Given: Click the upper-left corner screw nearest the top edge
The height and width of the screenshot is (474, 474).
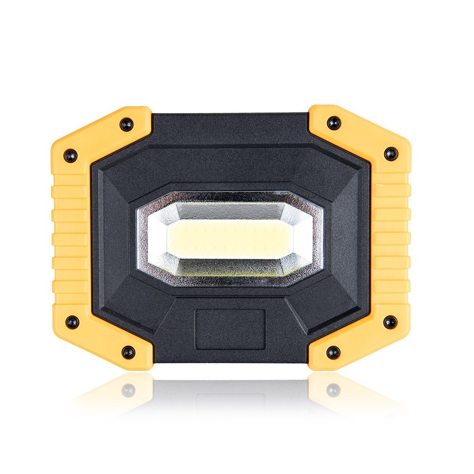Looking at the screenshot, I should [x=127, y=124].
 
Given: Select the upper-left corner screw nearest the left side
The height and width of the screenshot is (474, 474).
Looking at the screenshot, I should [x=71, y=155].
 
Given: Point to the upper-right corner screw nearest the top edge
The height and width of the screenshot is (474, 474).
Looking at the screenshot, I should [x=334, y=123].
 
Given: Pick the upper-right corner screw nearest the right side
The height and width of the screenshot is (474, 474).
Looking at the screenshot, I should [x=391, y=154].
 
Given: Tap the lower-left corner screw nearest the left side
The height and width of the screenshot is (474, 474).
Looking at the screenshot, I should [x=72, y=322].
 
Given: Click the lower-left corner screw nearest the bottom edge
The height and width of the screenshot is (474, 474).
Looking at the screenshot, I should [x=128, y=352].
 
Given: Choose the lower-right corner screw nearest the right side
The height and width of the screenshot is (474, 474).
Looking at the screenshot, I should [x=390, y=322].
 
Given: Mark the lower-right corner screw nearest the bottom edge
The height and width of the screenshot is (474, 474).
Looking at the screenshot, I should [x=333, y=352].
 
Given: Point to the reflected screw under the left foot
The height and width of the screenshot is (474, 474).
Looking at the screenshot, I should [x=128, y=390].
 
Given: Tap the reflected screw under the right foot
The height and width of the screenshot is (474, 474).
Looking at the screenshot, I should [x=333, y=390].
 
